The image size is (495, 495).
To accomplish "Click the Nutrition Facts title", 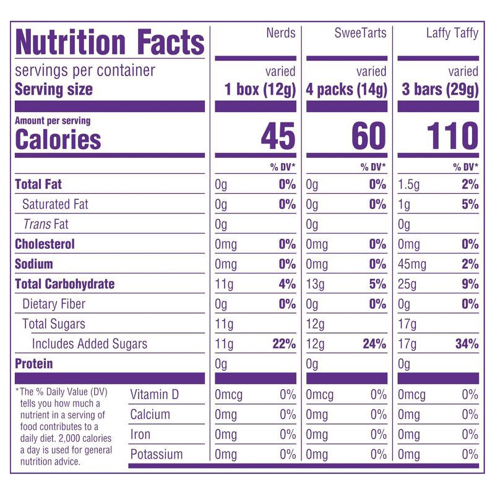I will coord(110,43).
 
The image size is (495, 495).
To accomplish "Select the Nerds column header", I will coord(280,33).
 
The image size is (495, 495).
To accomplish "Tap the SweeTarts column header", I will coord(360,33).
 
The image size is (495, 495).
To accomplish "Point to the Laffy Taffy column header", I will coord(452,33).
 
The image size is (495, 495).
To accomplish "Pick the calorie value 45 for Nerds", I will coord(278,136).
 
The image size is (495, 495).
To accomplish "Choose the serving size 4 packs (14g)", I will coord(346,90).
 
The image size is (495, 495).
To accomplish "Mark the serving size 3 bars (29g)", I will coord(439,90).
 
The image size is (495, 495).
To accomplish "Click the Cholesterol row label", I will coord(45,244).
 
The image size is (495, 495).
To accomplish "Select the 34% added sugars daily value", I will coord(467,344).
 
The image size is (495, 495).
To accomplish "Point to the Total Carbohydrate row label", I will coord(65,284).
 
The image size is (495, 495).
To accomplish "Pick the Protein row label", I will coord(34,364).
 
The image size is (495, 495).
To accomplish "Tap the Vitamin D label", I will coord(154,395).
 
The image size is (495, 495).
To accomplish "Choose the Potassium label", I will coord(157,454).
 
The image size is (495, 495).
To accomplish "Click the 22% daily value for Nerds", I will coord(284,344).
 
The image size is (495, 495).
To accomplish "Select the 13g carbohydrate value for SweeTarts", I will coord(314,285).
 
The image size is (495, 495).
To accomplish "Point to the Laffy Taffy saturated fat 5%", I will coord(470,204).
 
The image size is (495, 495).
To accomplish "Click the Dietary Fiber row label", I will coord(54,304).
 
